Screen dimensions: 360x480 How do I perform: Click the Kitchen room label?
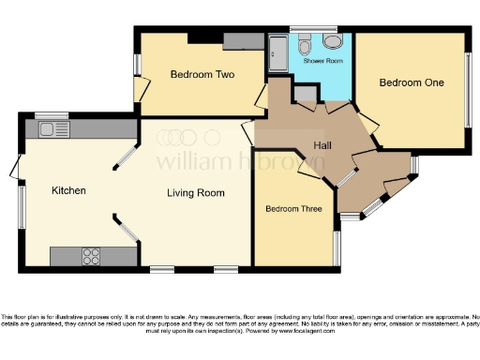tap(68, 190)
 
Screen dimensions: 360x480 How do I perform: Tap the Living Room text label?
tap(196, 193)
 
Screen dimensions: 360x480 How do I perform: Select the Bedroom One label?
tap(411, 82)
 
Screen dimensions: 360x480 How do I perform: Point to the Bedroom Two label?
tap(202, 74)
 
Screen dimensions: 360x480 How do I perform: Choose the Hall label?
tap(324, 145)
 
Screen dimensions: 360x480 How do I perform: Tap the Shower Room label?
tap(322, 61)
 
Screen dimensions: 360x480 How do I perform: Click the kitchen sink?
tap(48, 129)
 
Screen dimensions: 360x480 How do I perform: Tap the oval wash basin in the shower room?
tap(333, 43)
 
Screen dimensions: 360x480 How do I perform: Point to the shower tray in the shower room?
tap(278, 53)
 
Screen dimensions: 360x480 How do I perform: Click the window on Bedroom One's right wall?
tap(469, 90)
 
